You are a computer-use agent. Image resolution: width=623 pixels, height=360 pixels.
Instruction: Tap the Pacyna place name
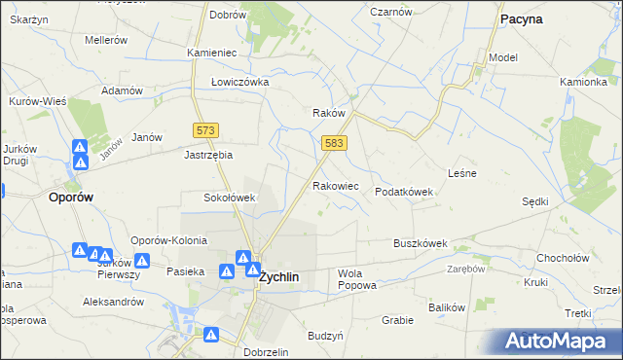pos(521,18)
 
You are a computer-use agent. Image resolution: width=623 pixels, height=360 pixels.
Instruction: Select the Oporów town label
pos(71,197)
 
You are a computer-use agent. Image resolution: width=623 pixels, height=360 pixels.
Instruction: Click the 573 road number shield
pos(206,130)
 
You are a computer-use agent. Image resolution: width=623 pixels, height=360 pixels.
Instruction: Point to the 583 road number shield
pos(334,143)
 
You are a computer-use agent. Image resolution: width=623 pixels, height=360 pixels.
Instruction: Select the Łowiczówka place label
pos(239,82)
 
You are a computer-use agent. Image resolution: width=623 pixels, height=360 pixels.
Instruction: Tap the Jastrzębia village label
pos(209,154)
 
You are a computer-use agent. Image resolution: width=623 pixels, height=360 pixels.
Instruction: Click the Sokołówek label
pos(229,198)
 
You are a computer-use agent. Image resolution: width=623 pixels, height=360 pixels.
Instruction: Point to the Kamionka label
pos(583,82)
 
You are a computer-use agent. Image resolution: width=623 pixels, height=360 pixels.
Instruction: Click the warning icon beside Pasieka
pos(225,271)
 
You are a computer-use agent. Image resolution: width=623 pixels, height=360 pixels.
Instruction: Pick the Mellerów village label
pos(106,41)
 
